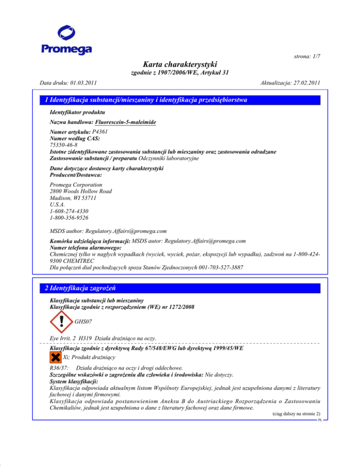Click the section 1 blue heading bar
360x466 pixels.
180,100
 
